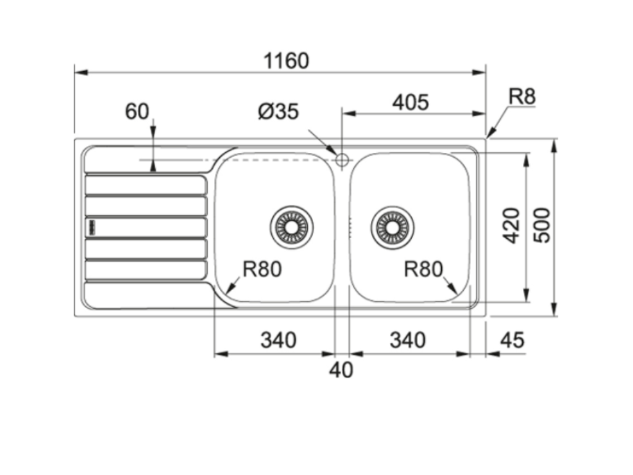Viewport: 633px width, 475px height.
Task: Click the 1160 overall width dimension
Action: point(286,61)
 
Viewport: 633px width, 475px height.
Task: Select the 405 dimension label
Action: point(410,102)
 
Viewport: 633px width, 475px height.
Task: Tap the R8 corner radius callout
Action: point(522,96)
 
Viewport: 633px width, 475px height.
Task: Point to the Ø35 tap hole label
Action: point(278,111)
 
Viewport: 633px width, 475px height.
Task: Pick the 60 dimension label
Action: point(137,111)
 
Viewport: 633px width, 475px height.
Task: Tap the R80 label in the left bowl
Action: point(262,269)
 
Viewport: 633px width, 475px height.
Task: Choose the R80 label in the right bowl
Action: point(423,269)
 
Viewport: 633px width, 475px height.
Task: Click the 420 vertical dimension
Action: point(511,225)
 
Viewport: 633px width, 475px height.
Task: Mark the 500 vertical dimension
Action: point(541,225)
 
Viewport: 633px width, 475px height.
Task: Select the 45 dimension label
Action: point(511,340)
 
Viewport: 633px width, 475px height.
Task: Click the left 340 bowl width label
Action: point(278,340)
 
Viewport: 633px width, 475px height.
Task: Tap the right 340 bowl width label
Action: point(407,340)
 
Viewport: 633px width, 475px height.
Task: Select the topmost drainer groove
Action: point(146,185)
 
